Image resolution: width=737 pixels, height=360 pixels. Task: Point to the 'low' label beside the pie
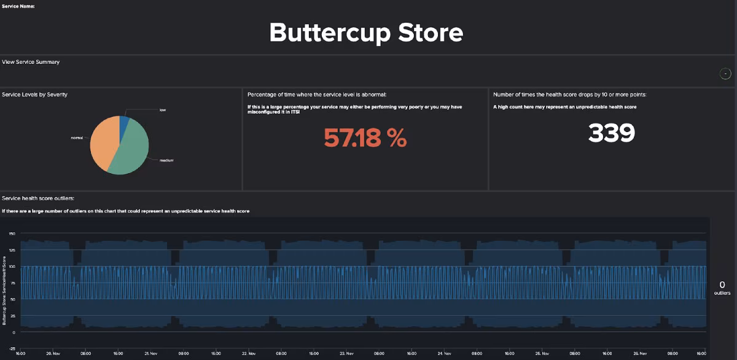[163, 110]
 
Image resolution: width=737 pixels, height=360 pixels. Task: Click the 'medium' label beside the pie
[167, 160]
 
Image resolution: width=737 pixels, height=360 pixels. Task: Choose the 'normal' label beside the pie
[77, 138]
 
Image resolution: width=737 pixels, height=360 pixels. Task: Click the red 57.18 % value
[365, 138]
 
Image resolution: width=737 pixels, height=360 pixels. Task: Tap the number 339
[611, 133]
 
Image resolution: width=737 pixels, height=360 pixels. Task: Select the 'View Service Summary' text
[31, 62]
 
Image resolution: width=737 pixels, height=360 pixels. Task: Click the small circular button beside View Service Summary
[725, 74]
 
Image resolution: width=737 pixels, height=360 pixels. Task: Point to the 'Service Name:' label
[18, 6]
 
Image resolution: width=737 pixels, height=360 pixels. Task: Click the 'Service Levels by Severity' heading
[35, 95]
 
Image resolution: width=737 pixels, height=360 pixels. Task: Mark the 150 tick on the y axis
[12, 233]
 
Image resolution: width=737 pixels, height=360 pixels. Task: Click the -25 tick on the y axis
[12, 348]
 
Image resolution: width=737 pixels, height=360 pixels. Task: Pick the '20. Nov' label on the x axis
[53, 354]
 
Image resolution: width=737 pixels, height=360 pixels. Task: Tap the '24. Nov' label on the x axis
[445, 354]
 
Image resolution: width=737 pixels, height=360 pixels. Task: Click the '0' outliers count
[722, 284]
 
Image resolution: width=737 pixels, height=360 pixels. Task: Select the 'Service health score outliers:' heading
[38, 198]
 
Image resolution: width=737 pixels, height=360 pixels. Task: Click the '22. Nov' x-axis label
[249, 354]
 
